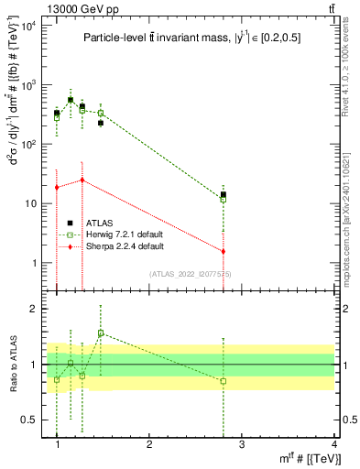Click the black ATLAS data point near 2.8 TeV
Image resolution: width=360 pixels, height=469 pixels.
(224, 194)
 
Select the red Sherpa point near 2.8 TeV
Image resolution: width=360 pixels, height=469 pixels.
(224, 251)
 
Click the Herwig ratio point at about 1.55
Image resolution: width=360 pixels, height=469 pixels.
(101, 333)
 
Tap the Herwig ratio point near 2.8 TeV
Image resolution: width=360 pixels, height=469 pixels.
(224, 381)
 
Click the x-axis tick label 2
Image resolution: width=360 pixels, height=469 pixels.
(149, 444)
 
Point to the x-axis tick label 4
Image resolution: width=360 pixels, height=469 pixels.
(333, 444)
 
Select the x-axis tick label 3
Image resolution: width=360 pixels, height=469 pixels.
(242, 444)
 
